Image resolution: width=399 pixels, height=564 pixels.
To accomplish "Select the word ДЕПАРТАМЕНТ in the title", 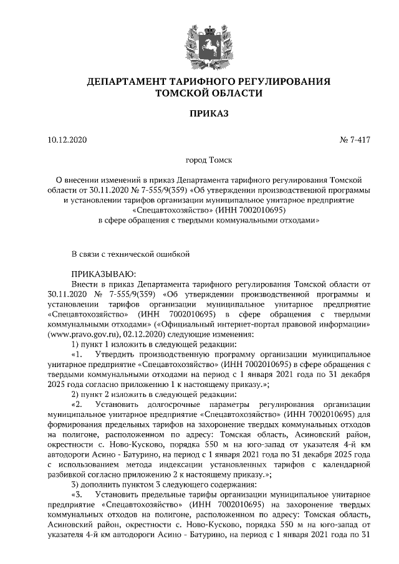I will coord(131,82).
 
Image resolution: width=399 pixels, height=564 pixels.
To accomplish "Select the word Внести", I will coord(85,284).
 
